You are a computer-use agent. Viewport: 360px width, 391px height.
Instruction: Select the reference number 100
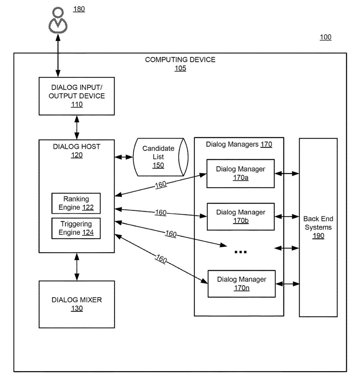[325, 37]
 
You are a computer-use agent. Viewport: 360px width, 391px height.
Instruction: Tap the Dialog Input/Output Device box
[77, 96]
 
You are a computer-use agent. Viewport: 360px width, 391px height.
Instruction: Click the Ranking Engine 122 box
[76, 203]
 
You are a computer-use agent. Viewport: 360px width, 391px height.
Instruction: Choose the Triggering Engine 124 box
[76, 228]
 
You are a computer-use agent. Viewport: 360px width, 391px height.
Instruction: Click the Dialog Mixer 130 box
[77, 304]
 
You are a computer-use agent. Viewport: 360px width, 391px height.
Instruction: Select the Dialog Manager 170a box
[240, 173]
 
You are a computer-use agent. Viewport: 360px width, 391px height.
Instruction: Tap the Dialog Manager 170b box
[241, 216]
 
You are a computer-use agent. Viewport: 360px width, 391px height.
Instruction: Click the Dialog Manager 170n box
[241, 283]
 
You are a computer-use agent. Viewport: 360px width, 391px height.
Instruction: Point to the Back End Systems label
[318, 223]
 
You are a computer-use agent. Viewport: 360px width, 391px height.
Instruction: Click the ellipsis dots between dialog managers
[241, 252]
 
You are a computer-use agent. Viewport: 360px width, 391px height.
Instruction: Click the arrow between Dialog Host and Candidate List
[124, 157]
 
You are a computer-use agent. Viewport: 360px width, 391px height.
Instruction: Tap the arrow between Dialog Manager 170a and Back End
[287, 174]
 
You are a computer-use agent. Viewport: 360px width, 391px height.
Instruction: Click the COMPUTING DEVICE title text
[180, 60]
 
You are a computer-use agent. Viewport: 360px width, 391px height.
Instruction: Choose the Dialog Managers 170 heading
[239, 144]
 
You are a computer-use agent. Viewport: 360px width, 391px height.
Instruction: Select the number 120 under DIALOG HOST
[77, 155]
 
